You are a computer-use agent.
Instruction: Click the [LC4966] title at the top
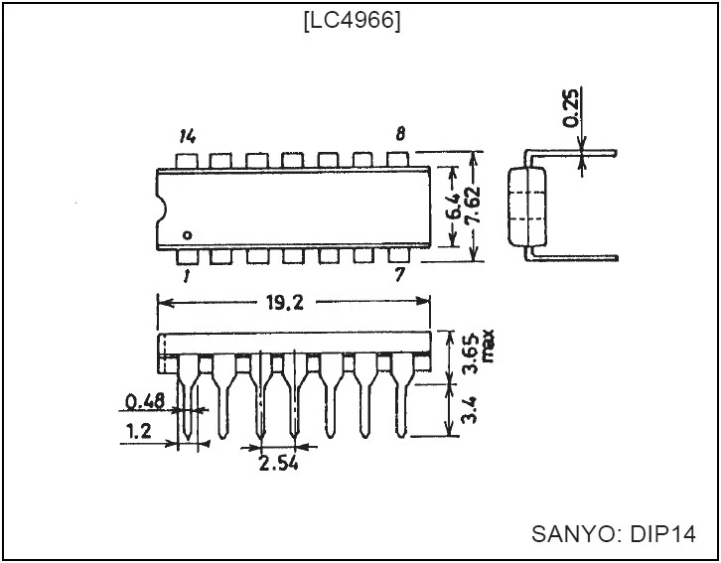[x=353, y=20]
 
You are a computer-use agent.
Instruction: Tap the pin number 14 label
[x=188, y=136]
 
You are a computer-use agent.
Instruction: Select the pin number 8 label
[x=400, y=134]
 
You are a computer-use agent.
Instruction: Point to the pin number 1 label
[x=187, y=276]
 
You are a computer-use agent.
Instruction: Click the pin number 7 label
[x=399, y=275]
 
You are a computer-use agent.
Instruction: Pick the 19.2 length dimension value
[x=285, y=303]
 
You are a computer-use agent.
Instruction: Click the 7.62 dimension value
[x=473, y=206]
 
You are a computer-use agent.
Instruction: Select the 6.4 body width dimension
[x=454, y=206]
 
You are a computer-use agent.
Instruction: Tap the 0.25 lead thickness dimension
[x=571, y=108]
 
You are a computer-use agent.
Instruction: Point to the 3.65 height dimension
[x=471, y=354]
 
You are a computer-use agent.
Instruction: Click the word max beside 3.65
[x=488, y=346]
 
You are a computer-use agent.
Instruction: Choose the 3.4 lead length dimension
[x=470, y=410]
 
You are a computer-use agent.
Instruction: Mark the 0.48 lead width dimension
[x=145, y=402]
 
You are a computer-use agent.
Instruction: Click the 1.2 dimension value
[x=138, y=431]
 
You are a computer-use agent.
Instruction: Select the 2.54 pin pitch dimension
[x=279, y=464]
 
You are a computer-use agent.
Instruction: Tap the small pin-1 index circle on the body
[x=187, y=235]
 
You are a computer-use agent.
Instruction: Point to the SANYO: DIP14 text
[x=614, y=534]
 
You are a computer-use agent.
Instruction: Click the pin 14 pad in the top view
[x=187, y=161]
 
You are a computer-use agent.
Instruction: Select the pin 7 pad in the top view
[x=398, y=256]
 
